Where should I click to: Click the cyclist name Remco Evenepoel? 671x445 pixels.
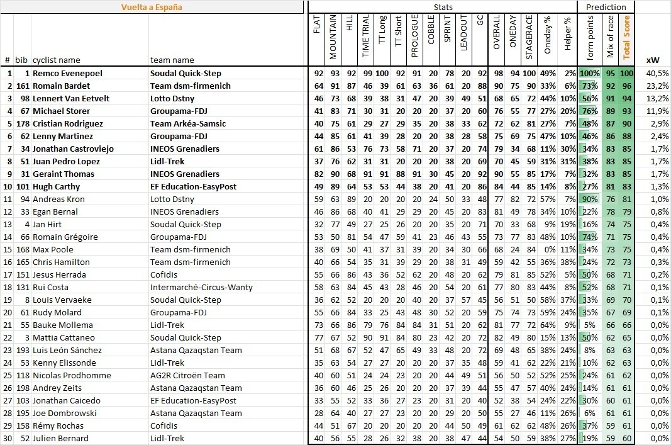[67, 73]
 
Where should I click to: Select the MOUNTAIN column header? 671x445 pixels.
[333, 37]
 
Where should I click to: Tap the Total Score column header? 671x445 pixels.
[626, 37]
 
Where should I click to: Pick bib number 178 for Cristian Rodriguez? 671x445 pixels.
[22, 123]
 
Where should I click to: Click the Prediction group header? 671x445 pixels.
[606, 7]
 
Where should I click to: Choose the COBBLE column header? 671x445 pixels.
[431, 37]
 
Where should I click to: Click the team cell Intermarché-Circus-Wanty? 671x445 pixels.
[201, 287]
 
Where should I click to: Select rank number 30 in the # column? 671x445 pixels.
[8, 438]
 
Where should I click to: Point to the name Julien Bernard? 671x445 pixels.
[60, 438]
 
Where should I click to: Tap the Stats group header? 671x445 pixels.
[443, 7]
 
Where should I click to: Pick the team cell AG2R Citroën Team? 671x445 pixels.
[187, 375]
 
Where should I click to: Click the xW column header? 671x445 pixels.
[652, 60]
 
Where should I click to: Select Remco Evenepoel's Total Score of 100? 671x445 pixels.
[626, 73]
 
